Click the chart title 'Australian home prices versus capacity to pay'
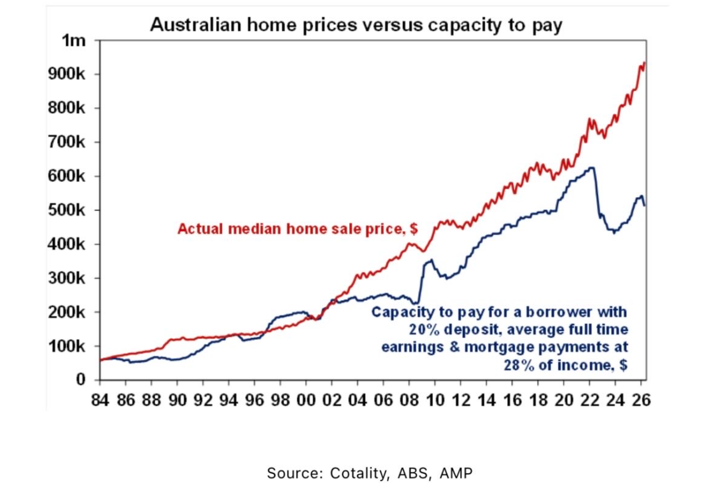(x=356, y=25)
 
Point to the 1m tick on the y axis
(x=73, y=40)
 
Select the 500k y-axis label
(x=67, y=210)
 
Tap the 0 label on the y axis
(x=81, y=379)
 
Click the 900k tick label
(x=67, y=74)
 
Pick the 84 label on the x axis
(x=100, y=400)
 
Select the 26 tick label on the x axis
(x=640, y=400)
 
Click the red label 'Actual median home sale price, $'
(x=297, y=229)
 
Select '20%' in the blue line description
(x=424, y=330)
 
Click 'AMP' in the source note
(x=456, y=473)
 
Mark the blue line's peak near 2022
(x=592, y=167)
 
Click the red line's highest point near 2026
(x=644, y=63)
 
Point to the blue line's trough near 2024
(x=614, y=233)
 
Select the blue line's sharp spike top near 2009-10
(x=431, y=260)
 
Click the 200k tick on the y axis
(x=67, y=312)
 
